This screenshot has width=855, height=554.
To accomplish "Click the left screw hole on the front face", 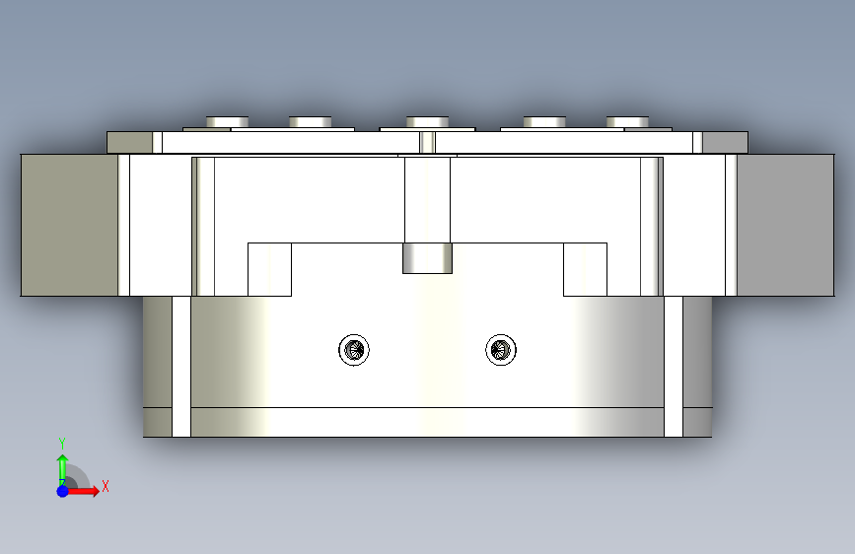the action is [x=354, y=350].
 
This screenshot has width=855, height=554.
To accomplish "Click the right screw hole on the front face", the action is [x=501, y=350].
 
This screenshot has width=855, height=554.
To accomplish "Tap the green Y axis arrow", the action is [x=62, y=469].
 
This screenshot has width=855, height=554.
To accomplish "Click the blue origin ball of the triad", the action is [x=63, y=491].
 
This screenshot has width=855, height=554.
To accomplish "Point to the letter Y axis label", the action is [x=62, y=443].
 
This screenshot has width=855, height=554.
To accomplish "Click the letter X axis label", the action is [x=106, y=486].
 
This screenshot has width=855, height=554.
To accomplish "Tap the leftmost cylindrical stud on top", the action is [x=228, y=122].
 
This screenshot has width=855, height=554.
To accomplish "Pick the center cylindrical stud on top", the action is [x=428, y=122].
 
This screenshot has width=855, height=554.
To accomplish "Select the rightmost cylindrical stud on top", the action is [x=627, y=122].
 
